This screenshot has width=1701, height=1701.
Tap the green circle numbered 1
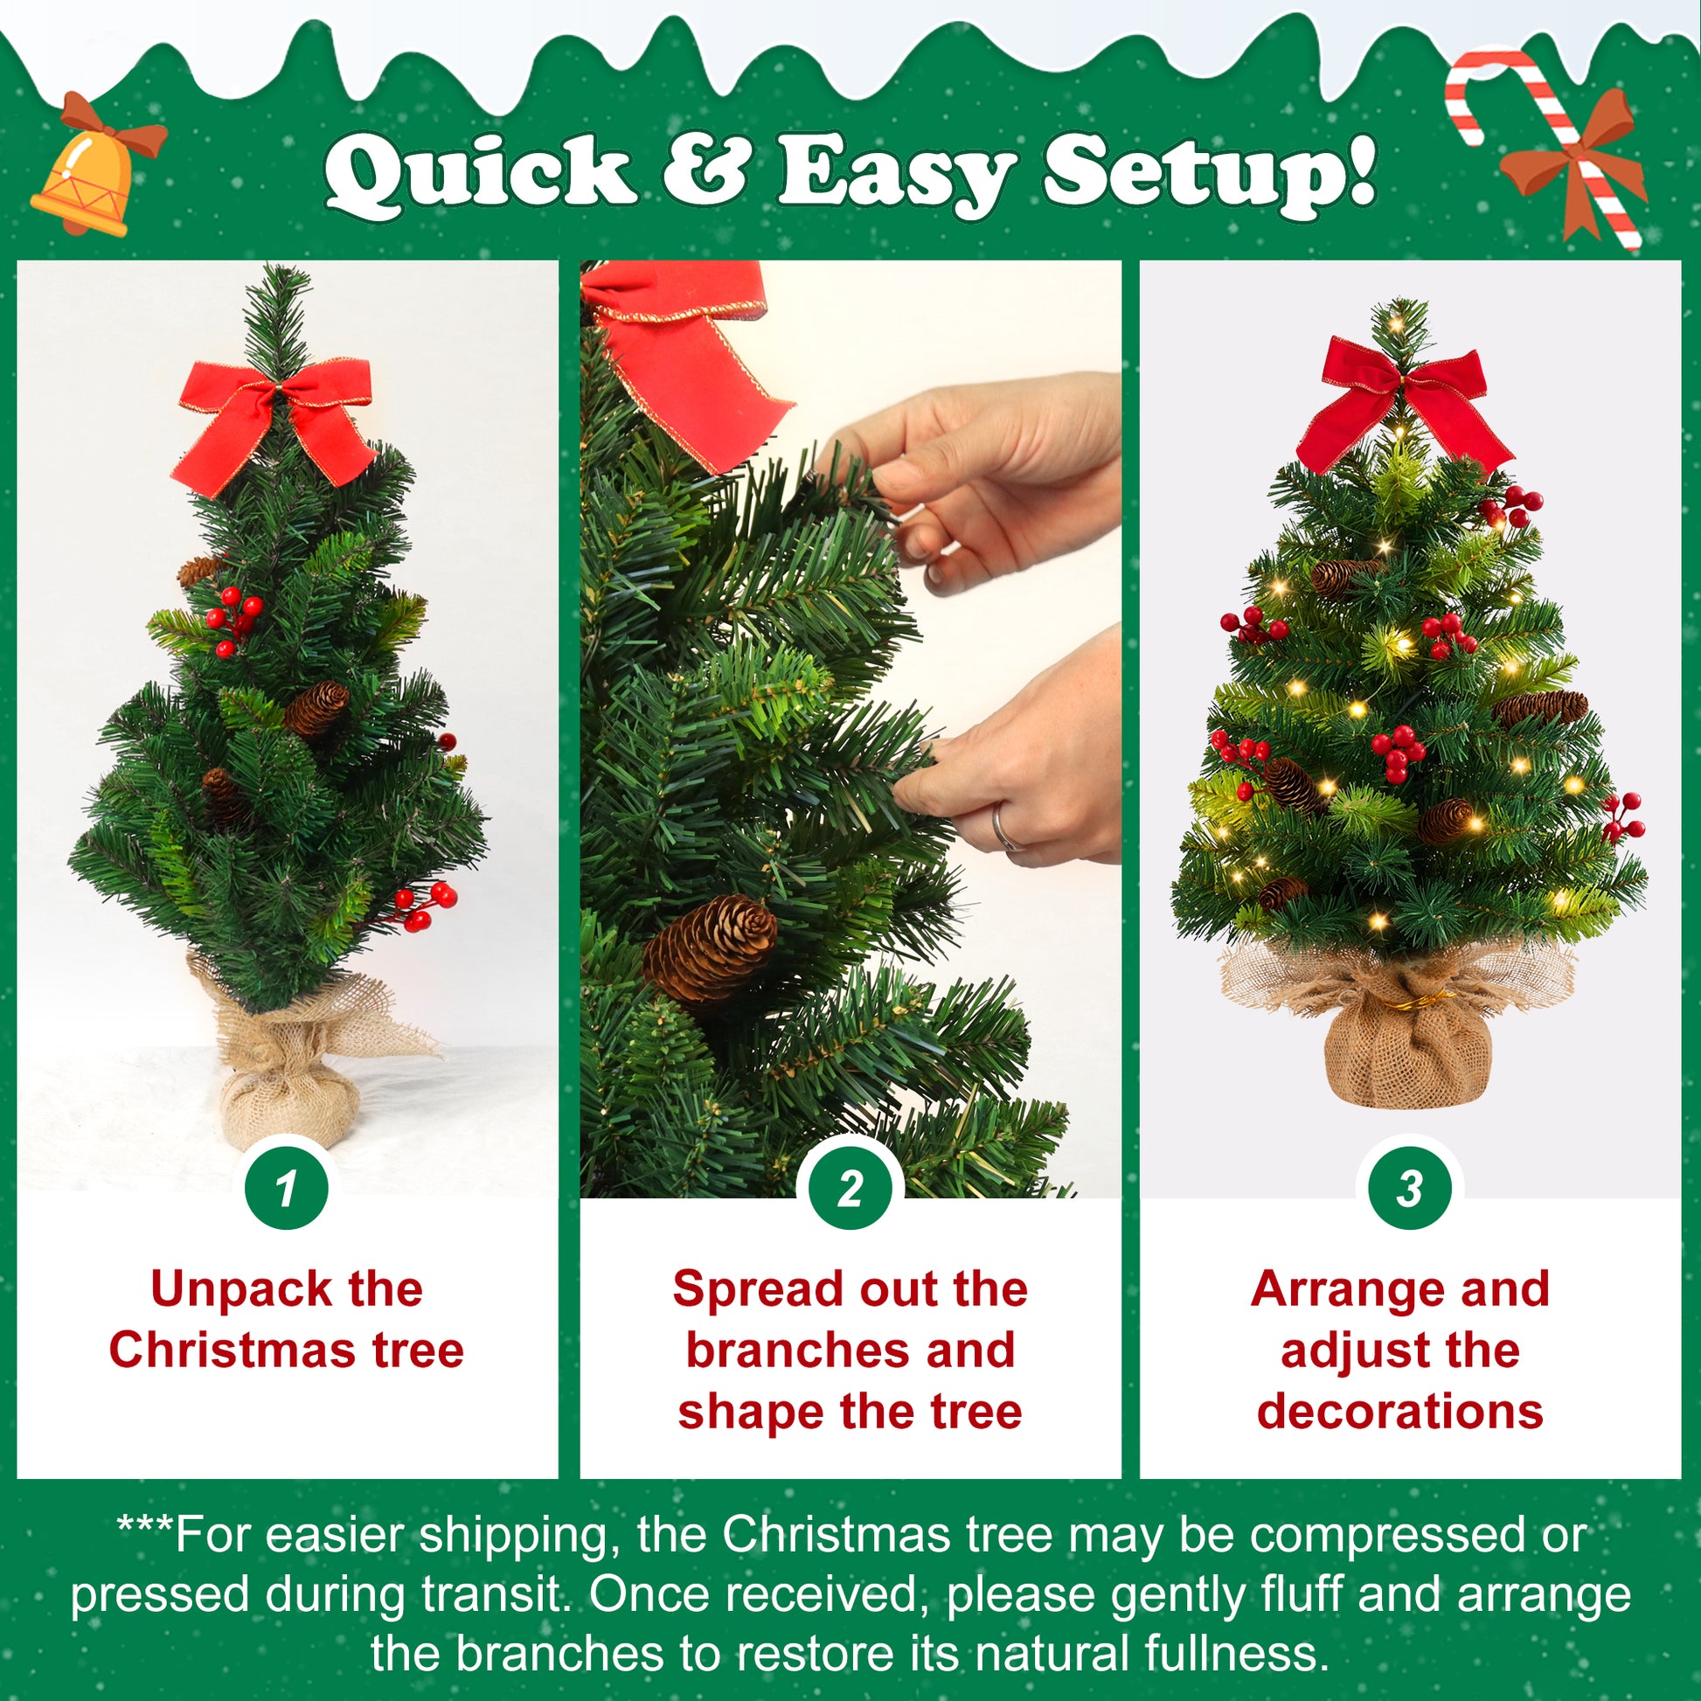(x=286, y=1189)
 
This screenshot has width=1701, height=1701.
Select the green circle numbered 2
(x=850, y=1189)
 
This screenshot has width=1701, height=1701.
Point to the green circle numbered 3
(x=1410, y=1189)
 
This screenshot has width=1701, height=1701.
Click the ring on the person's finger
(x=1003, y=830)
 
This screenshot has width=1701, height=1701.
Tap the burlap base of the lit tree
(x=1395, y=1021)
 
